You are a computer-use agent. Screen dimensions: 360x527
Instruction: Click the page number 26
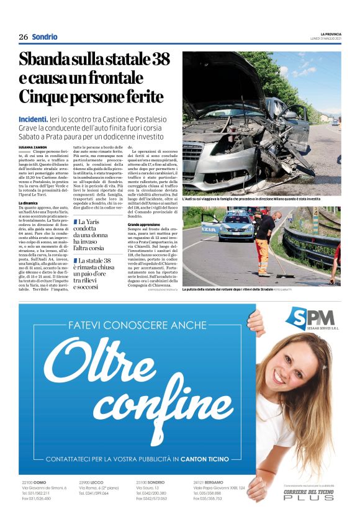tap(23, 37)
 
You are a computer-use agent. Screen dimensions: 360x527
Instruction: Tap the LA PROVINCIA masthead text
tap(330, 34)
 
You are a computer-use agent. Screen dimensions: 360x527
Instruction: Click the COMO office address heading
tap(34, 482)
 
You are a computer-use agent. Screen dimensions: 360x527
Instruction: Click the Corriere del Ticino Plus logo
tap(308, 495)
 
